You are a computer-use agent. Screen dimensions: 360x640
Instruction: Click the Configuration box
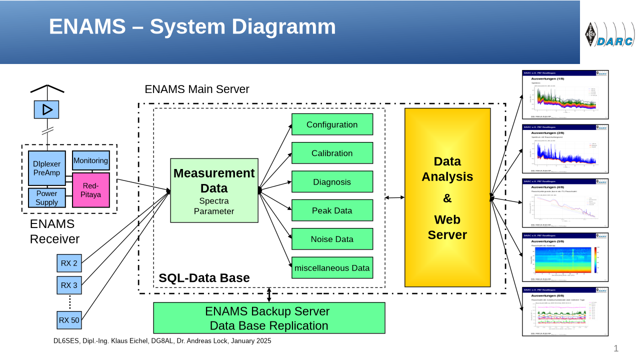pyautogui.click(x=332, y=124)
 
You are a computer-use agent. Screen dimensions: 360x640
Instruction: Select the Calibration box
pyautogui.click(x=332, y=153)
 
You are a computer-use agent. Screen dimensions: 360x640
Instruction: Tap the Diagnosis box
pyautogui.click(x=332, y=182)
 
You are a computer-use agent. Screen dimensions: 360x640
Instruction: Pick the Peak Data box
pyautogui.click(x=332, y=210)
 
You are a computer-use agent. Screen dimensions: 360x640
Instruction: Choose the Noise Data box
pyautogui.click(x=332, y=239)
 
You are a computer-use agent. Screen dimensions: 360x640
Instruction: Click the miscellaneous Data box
pyautogui.click(x=332, y=268)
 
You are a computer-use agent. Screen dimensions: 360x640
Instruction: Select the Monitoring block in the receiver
pyautogui.click(x=90, y=161)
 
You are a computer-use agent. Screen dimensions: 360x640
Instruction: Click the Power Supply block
pyautogui.click(x=46, y=198)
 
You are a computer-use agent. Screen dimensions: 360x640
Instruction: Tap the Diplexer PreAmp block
pyautogui.click(x=46, y=168)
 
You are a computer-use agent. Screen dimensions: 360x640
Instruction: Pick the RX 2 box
pyautogui.click(x=69, y=263)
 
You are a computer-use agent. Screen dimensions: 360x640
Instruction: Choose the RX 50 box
pyautogui.click(x=69, y=320)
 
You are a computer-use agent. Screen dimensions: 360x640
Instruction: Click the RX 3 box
pyautogui.click(x=69, y=285)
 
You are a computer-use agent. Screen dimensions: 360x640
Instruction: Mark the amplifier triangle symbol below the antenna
pyautogui.click(x=46, y=109)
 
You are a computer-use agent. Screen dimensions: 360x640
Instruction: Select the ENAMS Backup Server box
pyautogui.click(x=269, y=318)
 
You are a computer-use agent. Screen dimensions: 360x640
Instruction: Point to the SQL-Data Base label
pyautogui.click(x=204, y=278)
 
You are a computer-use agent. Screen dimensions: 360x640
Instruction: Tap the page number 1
pyautogui.click(x=616, y=348)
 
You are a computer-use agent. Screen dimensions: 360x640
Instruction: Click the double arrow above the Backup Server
pyautogui.click(x=269, y=295)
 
